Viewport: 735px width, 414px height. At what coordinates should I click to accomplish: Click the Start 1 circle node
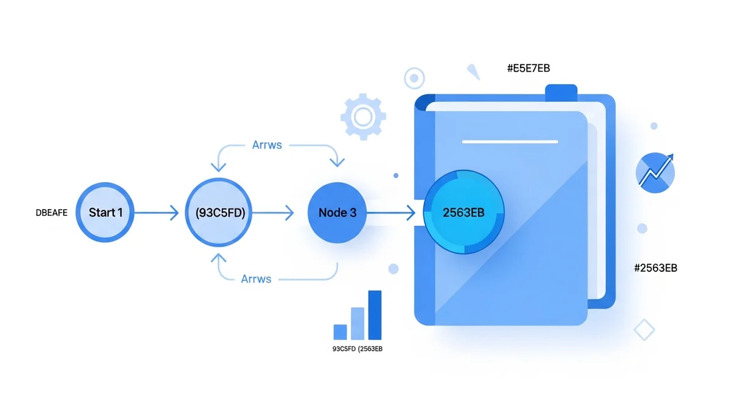[x=105, y=213]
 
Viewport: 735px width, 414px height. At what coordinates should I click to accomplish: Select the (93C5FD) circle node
[x=219, y=213]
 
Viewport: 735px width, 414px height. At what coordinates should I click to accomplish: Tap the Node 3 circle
[x=337, y=213]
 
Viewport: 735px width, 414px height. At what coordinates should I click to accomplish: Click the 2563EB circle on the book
[x=464, y=213]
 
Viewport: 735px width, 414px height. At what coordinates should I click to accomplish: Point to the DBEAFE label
[x=51, y=213]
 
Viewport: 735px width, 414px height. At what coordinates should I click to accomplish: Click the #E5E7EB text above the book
[x=528, y=68]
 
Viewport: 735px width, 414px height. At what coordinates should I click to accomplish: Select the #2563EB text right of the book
[x=655, y=268]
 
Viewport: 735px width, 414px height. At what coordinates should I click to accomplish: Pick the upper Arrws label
[x=267, y=145]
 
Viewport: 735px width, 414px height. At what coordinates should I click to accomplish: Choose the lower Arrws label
[x=256, y=279]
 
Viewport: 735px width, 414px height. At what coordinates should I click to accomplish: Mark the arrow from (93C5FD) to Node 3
[x=273, y=213]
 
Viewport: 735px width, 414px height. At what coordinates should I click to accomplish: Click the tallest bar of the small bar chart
[x=374, y=315]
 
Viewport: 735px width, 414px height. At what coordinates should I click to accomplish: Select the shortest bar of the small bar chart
[x=340, y=331]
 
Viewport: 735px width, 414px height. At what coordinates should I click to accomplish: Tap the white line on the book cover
[x=510, y=142]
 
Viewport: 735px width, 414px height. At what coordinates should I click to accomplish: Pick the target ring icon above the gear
[x=415, y=78]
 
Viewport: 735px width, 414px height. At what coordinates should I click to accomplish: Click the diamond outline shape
[x=644, y=329]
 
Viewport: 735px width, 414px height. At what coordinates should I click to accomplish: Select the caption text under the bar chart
[x=356, y=350]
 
